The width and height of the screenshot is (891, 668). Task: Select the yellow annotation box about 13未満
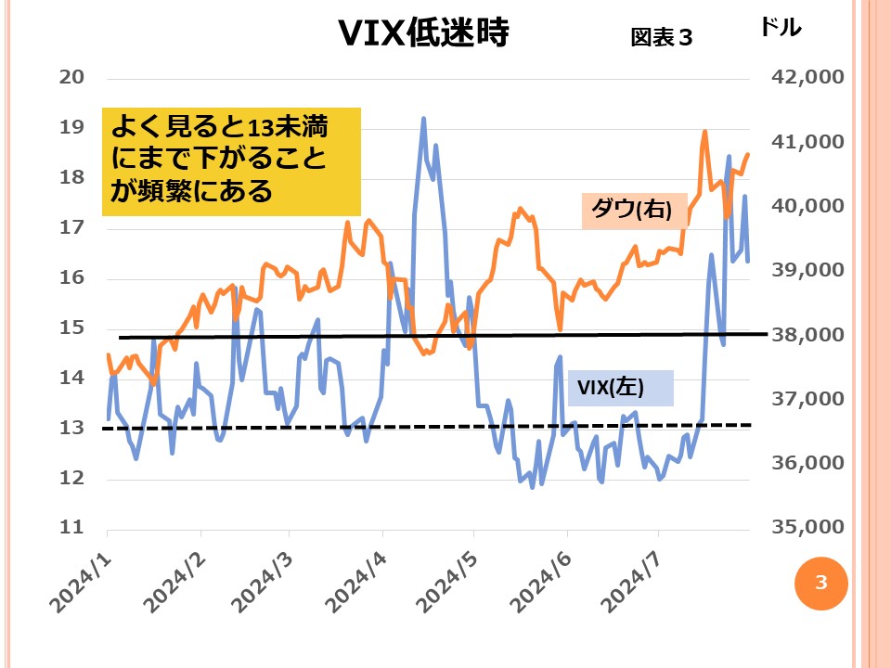coord(231,160)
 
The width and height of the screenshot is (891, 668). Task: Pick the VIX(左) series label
coord(610,387)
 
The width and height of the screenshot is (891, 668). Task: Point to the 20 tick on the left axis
coord(71,77)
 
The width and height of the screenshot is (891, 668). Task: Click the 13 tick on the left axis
coord(71,428)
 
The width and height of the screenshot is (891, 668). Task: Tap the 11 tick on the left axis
coord(71,528)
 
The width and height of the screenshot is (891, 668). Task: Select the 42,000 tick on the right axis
coord(807,77)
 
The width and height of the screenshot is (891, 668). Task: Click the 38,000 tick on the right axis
coord(807,334)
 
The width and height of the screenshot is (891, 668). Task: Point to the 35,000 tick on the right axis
coord(807,527)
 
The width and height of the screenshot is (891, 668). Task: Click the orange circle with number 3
coord(820,583)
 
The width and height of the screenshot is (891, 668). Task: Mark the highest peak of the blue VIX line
coord(424,119)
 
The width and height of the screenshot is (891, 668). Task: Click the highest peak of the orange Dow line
coord(704,132)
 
